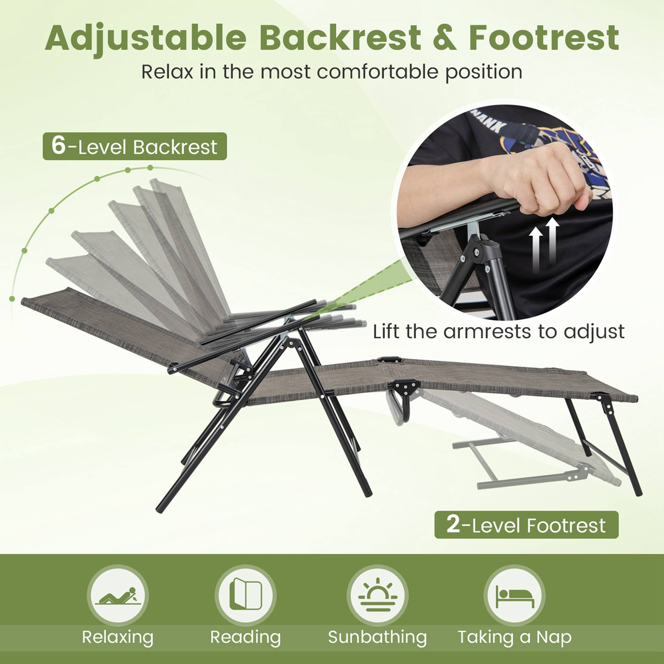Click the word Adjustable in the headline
point(145,38)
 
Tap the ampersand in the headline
point(445,38)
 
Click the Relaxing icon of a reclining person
point(118,596)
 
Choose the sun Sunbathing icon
point(377,595)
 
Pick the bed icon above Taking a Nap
point(515,596)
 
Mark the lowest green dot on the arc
point(12,298)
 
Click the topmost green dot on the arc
point(150,167)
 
